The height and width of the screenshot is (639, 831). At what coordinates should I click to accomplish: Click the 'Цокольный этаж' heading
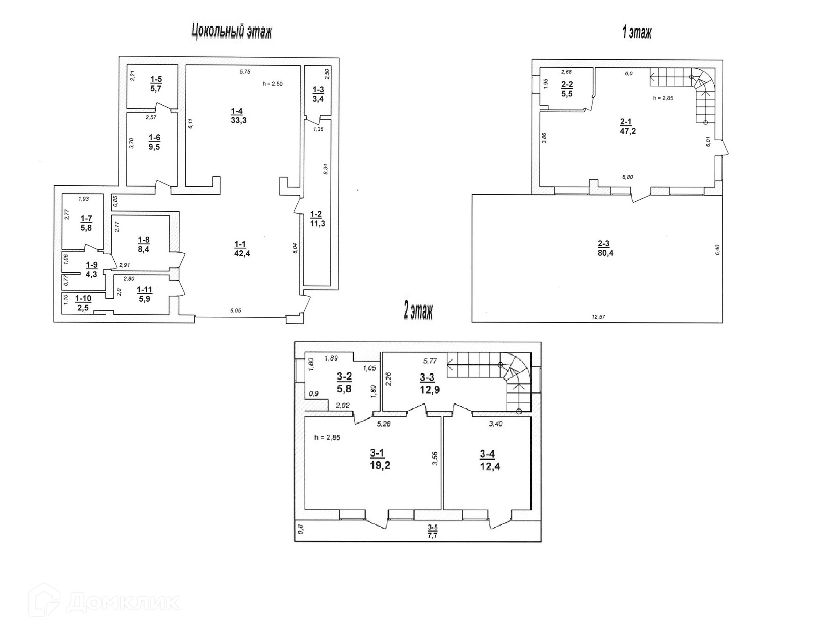coord(232,32)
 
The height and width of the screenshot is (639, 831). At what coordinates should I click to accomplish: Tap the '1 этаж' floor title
coord(636,32)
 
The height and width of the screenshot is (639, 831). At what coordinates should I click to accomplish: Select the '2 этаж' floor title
coord(418,311)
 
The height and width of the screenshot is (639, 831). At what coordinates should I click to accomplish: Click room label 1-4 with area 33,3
coord(238,116)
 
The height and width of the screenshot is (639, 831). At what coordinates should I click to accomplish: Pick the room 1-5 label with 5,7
coord(156,84)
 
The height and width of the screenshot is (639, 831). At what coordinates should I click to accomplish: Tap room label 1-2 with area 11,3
coord(317,219)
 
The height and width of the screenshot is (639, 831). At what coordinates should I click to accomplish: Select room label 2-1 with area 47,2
coord(628,126)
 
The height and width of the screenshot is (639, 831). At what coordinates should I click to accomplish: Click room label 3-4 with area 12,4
coord(490,460)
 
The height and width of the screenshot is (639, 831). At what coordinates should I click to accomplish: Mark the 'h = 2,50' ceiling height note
coord(272,84)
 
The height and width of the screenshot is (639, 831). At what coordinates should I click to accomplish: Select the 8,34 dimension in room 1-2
coord(326,169)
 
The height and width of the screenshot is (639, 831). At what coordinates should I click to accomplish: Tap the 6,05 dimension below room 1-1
coord(235,310)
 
